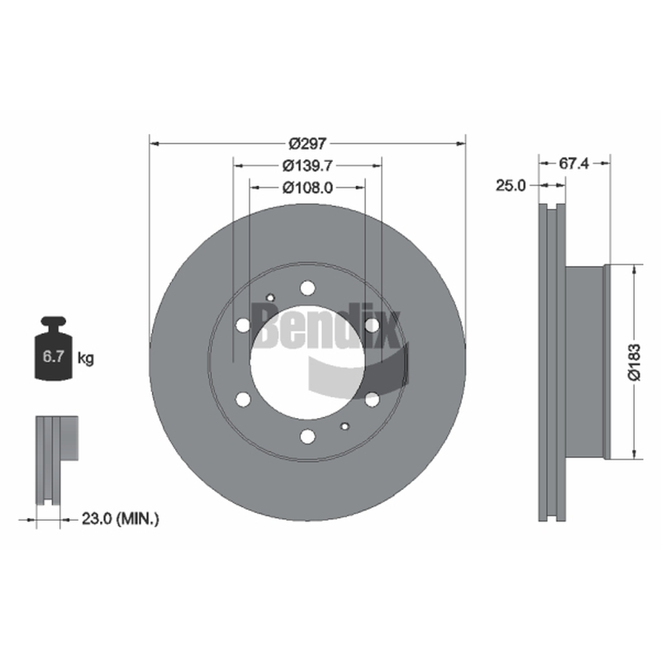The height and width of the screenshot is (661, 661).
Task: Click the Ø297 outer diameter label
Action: (x=307, y=144)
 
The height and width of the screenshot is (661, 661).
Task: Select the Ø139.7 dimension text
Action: (x=307, y=166)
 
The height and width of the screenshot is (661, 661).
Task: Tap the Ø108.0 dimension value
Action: (x=307, y=188)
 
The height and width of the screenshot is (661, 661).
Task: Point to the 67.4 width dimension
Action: (x=573, y=163)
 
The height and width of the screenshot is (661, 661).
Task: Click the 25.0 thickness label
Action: (x=511, y=185)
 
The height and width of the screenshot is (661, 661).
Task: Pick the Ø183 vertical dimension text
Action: (x=635, y=362)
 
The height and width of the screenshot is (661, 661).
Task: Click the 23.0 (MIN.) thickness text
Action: (x=120, y=519)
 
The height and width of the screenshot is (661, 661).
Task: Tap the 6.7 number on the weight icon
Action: (x=53, y=357)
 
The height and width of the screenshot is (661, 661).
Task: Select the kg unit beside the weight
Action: (x=86, y=359)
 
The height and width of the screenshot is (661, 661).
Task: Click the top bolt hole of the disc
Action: (x=307, y=288)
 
